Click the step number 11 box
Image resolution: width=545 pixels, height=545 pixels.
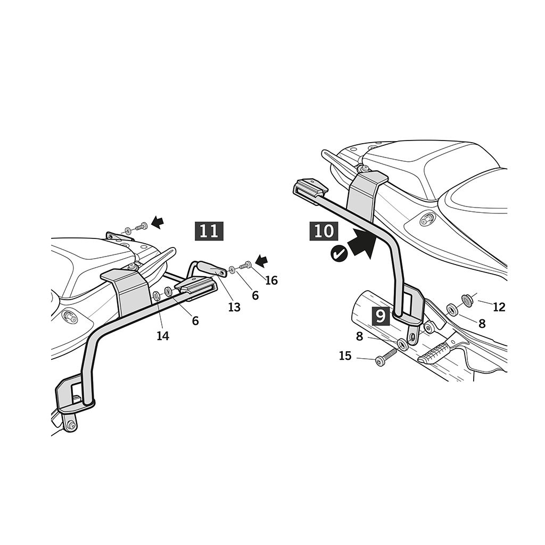coord(209,231)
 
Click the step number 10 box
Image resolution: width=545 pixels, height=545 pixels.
coord(324,231)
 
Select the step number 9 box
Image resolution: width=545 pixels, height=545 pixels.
coord(381,316)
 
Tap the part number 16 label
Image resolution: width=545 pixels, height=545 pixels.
coord(271,280)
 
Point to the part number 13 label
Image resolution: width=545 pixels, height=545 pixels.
coord(234,307)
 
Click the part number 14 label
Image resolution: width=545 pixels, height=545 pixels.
coord(163,336)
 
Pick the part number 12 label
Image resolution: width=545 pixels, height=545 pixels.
coord(499,307)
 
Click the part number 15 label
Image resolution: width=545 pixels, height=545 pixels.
coord(345,356)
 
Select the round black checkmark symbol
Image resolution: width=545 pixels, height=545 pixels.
coord(339,253)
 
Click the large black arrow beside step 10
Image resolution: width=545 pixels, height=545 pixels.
coord(363,244)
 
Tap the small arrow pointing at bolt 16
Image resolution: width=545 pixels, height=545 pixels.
coord(262,260)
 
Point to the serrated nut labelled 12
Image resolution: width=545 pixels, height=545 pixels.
coord(466,299)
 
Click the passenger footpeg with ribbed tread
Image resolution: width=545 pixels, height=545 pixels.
coord(435,352)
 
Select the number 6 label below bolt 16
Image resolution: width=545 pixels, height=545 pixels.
coord(255,295)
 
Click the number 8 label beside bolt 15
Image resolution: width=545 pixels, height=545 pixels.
coord(359,336)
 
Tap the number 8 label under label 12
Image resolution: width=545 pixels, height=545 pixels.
coord(482,324)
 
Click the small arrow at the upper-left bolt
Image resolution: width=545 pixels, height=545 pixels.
coord(158,222)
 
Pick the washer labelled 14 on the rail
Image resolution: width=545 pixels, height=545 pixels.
coord(156,296)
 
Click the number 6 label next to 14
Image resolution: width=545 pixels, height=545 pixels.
coord(195,321)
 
